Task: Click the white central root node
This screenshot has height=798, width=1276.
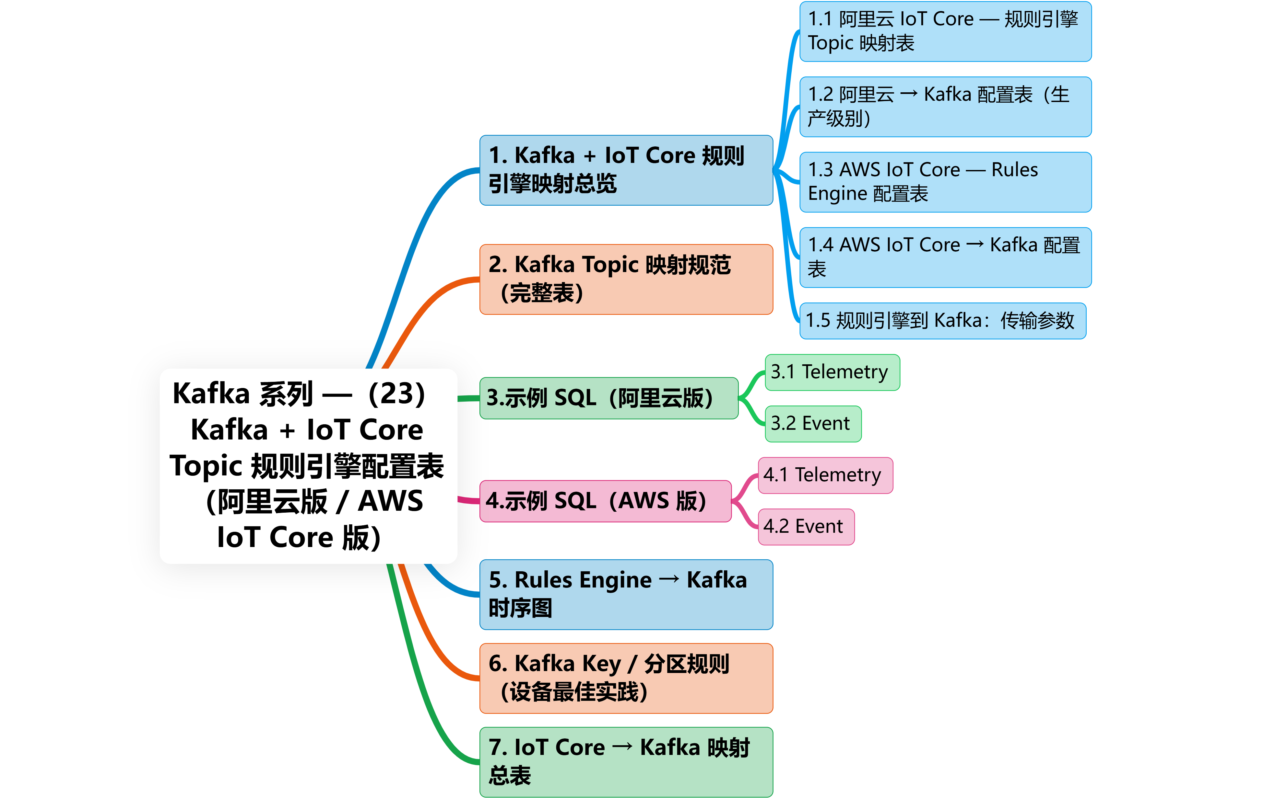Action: pyautogui.click(x=308, y=466)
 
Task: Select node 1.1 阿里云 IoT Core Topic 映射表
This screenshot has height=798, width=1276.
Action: pyautogui.click(x=945, y=31)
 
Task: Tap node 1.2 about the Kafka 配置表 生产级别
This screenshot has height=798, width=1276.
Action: pyautogui.click(x=945, y=107)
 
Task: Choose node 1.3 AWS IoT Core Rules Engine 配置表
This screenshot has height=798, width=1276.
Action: pyautogui.click(x=945, y=182)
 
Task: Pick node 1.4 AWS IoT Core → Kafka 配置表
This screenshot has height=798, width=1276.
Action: pyautogui.click(x=945, y=257)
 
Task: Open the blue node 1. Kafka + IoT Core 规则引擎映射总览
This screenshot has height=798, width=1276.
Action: pyautogui.click(x=626, y=170)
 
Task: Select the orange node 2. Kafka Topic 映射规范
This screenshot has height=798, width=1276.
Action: pyautogui.click(x=626, y=279)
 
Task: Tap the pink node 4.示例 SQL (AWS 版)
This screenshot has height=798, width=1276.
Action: pyautogui.click(x=605, y=501)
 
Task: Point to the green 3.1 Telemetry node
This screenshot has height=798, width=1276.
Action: pyautogui.click(x=832, y=372)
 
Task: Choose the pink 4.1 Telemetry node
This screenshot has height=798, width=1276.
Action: pyautogui.click(x=825, y=475)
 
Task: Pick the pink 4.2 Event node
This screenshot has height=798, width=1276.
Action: pyautogui.click(x=805, y=527)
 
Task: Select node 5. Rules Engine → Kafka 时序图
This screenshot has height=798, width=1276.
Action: pyautogui.click(x=626, y=594)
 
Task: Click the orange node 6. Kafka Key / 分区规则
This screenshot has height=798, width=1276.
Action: pyautogui.click(x=626, y=678)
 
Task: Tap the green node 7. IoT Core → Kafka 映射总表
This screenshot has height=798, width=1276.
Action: pyautogui.click(x=626, y=762)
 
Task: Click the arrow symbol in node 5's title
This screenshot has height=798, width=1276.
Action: pyautogui.click(x=669, y=579)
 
